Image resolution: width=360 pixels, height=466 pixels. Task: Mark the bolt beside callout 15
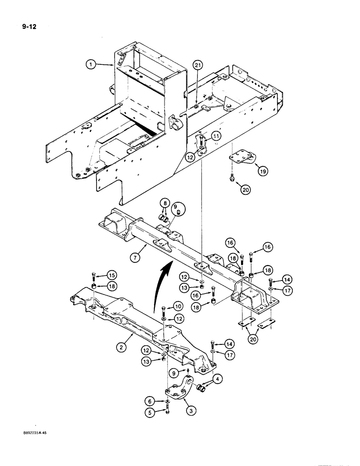95,277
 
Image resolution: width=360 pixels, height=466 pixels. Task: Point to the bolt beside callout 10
164,309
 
